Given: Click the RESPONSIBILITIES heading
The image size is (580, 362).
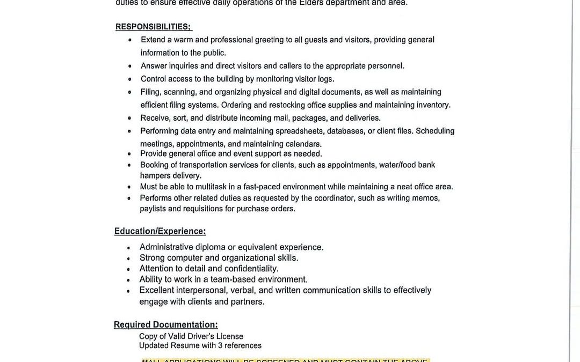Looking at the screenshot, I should click(x=153, y=27).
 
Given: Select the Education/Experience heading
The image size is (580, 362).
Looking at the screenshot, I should click(x=160, y=231).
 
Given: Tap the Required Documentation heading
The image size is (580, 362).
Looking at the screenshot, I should click(x=165, y=324).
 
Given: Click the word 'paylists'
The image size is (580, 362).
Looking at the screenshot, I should click(x=153, y=209).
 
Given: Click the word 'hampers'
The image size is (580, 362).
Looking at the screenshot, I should click(x=155, y=175).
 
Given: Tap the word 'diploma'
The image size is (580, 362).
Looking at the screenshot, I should click(x=210, y=247).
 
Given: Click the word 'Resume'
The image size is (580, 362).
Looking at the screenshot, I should click(x=185, y=345).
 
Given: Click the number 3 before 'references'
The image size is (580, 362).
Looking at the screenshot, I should click(x=220, y=345).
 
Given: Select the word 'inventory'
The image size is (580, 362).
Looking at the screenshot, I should click(x=433, y=105).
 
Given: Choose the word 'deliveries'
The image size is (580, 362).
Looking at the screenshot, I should click(x=363, y=118).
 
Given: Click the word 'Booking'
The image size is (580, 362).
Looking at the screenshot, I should click(x=154, y=165).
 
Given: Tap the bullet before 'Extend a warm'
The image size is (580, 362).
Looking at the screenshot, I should click(x=130, y=40).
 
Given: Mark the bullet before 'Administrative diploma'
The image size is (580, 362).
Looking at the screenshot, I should click(x=128, y=248).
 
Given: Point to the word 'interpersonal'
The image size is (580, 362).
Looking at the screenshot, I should click(x=201, y=290).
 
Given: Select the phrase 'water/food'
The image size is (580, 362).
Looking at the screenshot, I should click(x=397, y=165).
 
